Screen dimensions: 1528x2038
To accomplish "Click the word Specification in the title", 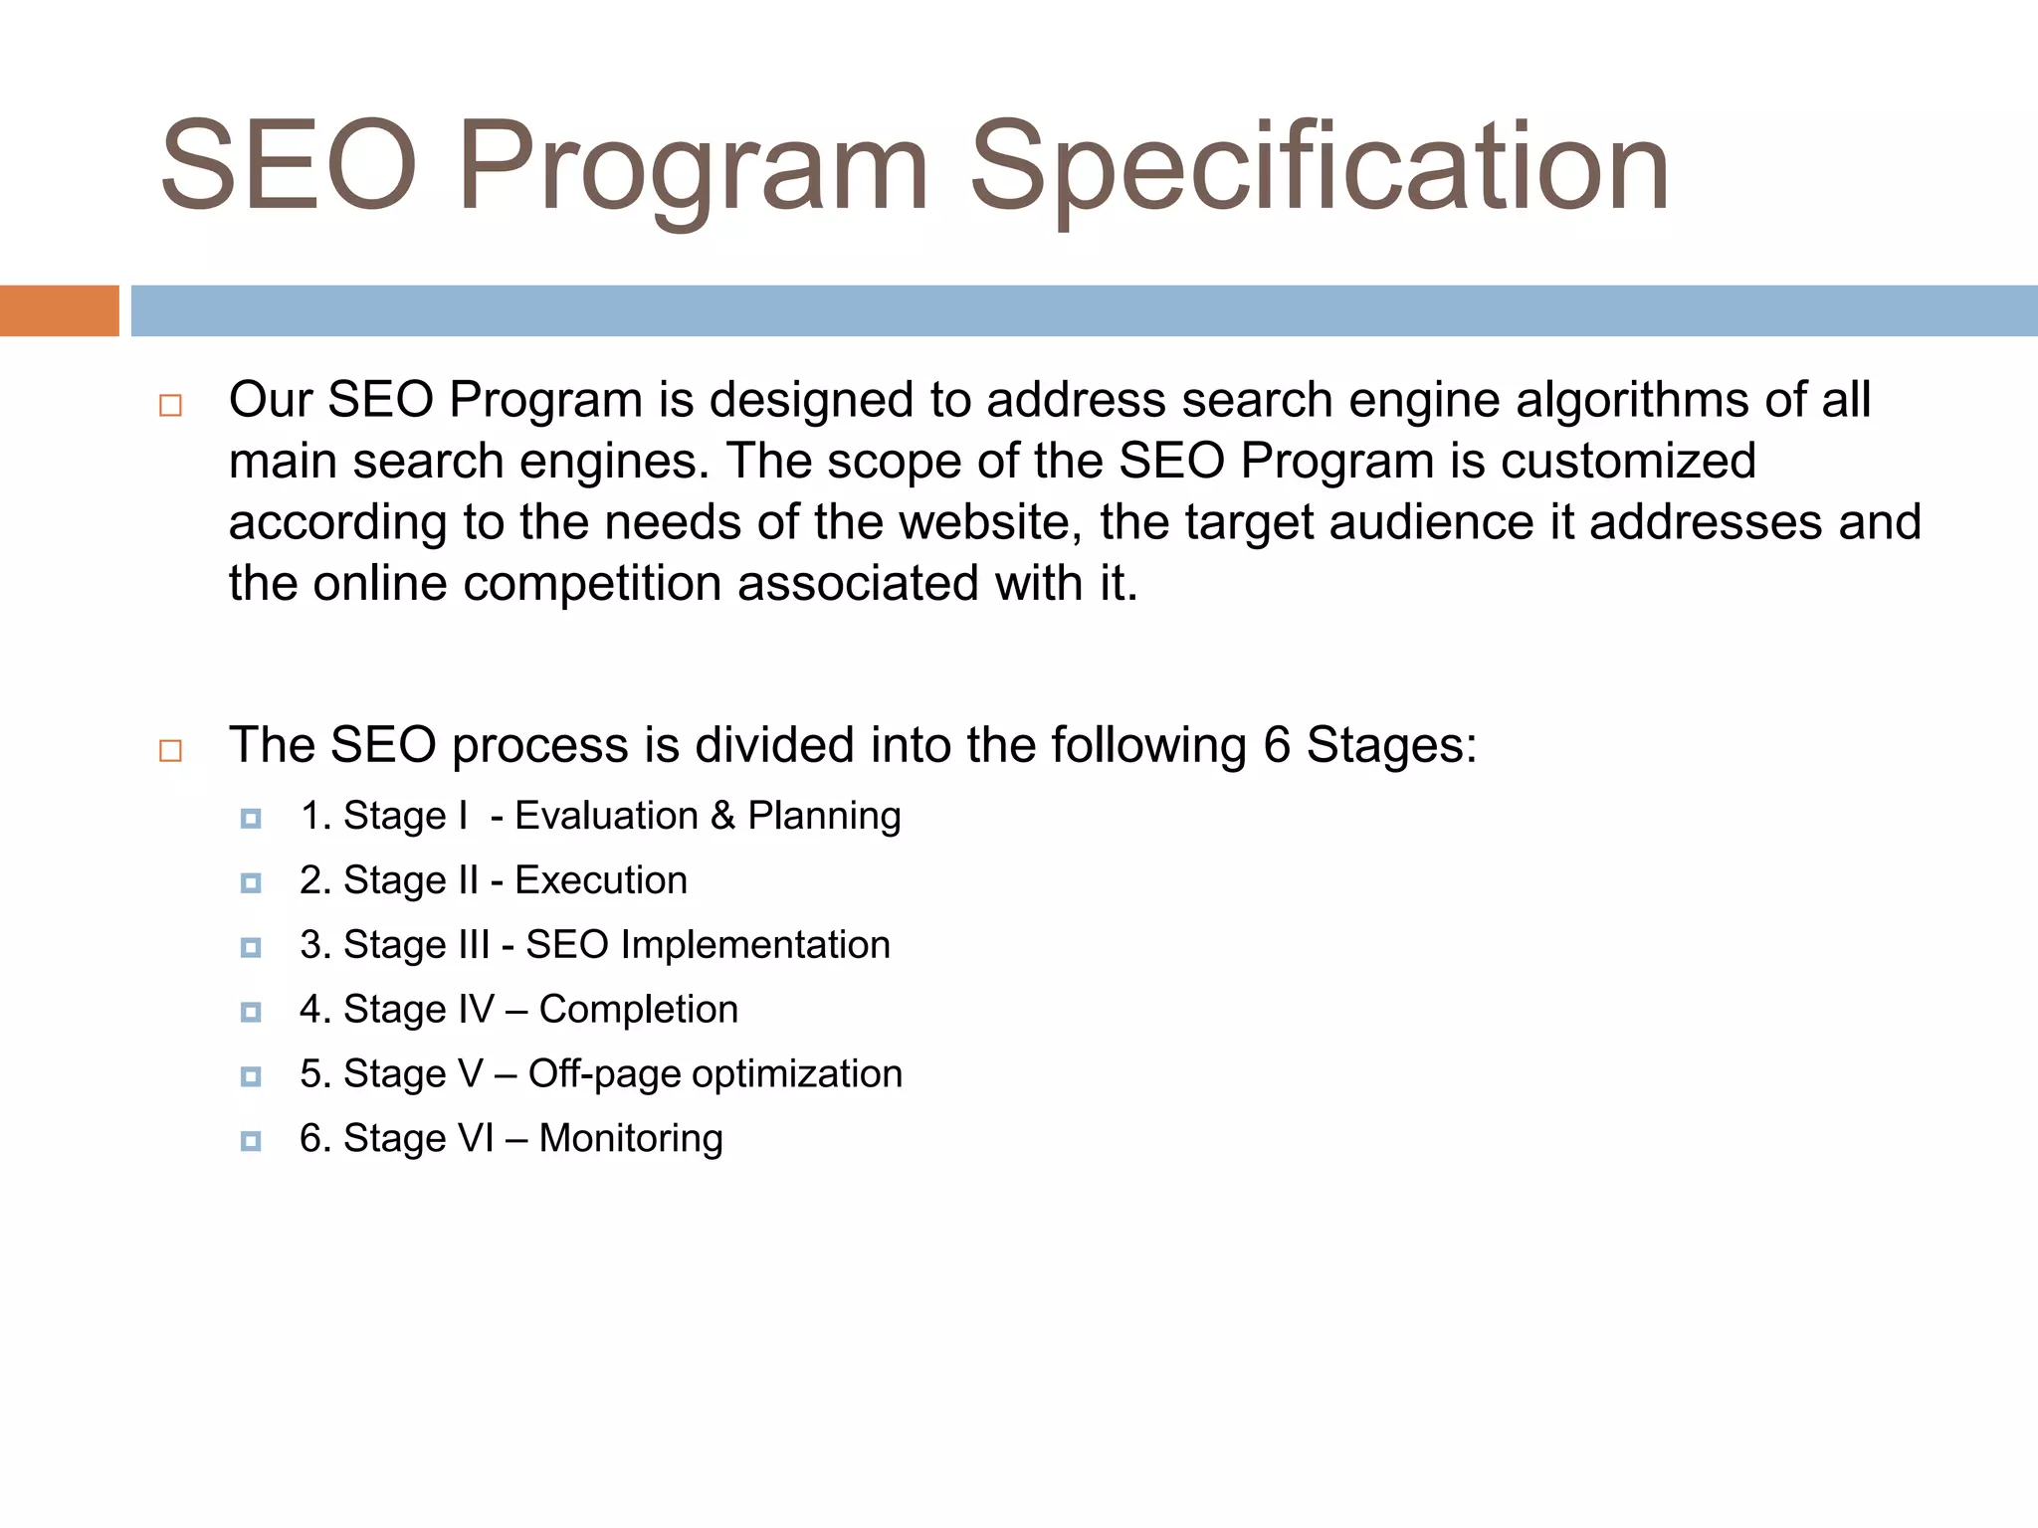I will pos(1320,167).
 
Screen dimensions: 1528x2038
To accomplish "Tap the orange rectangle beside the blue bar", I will pos(59,310).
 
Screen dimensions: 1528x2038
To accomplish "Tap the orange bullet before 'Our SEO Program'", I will pos(170,406).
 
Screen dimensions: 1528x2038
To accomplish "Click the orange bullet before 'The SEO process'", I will pos(170,750).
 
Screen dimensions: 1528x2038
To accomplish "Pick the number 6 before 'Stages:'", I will pos(1277,745).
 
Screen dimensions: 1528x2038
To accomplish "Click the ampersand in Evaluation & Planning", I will pos(722,816).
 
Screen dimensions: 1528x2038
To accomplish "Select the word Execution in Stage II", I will pos(601,880).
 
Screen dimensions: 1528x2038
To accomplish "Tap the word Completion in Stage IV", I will pos(639,1010).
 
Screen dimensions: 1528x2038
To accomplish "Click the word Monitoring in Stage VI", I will pos(631,1139).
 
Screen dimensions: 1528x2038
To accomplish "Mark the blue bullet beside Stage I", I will pos(251,819).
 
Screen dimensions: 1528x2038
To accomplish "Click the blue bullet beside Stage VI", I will pos(251,1141).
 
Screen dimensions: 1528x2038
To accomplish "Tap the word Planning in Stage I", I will pos(824,817).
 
